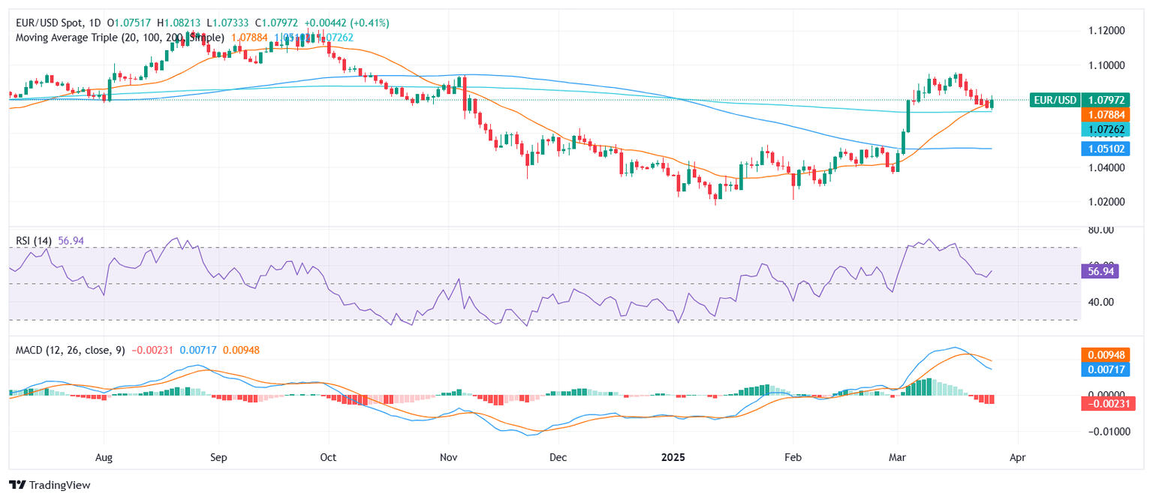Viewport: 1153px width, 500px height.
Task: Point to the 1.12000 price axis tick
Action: tap(1106, 31)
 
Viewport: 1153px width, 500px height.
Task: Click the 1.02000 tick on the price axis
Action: tap(1106, 202)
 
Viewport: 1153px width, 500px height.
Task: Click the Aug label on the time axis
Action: tap(104, 456)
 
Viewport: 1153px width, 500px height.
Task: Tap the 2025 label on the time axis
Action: tap(673, 456)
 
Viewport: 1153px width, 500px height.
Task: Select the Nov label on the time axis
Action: tap(448, 456)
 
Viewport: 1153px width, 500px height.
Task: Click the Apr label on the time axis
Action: tap(1017, 456)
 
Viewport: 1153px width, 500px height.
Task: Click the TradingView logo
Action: tap(50, 485)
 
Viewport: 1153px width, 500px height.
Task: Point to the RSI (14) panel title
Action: tap(34, 240)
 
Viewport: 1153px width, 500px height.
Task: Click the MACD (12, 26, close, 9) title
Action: tap(70, 351)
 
